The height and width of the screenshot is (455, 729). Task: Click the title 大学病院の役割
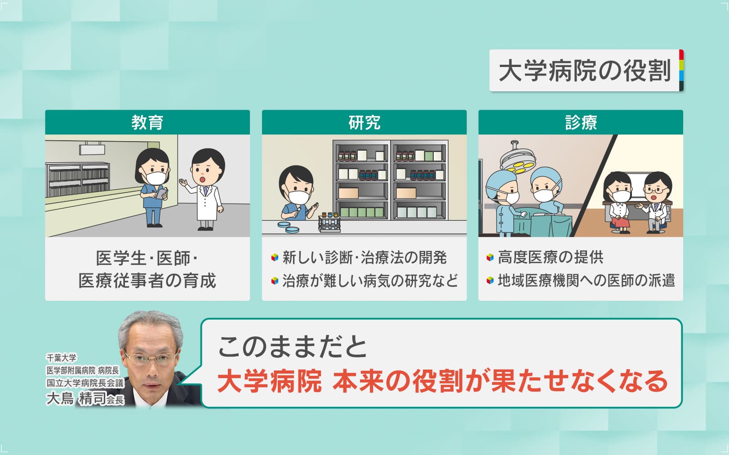[584, 71]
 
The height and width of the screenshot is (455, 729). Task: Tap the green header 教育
[147, 122]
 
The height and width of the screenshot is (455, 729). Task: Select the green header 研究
[364, 122]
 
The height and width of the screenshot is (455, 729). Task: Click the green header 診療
[581, 122]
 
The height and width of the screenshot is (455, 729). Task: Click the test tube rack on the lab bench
[329, 222]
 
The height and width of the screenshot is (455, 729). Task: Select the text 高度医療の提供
[551, 257]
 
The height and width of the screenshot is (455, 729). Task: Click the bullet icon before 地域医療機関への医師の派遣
[490, 281]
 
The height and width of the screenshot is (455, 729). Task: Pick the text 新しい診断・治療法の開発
[364, 258]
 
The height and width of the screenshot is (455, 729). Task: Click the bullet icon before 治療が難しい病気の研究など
[274, 281]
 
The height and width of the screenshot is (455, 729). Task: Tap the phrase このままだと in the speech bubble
[292, 347]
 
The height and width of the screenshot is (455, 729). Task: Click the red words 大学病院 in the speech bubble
[270, 381]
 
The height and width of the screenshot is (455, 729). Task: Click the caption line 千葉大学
[62, 358]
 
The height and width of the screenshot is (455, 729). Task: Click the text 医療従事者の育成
[147, 281]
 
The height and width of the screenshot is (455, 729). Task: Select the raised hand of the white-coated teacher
[183, 183]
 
